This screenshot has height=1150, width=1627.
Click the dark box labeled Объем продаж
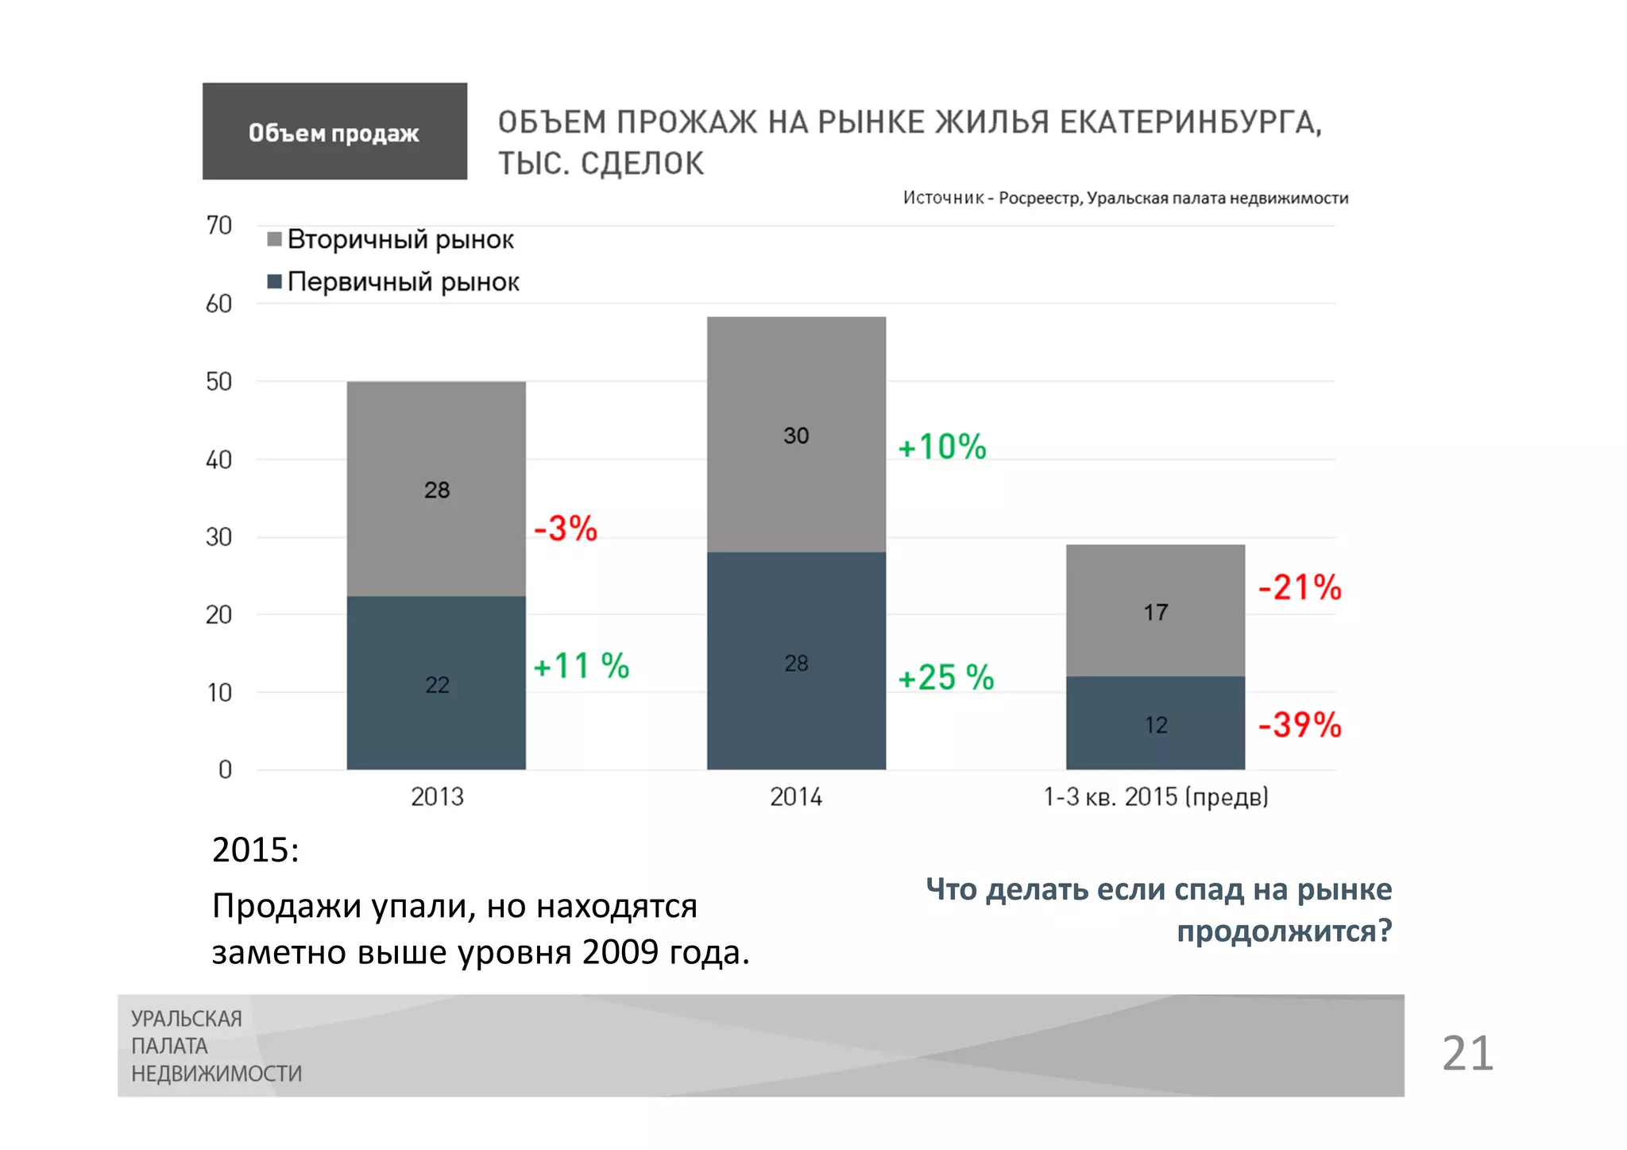pyautogui.click(x=334, y=131)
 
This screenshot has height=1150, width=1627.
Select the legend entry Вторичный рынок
pyautogui.click(x=391, y=239)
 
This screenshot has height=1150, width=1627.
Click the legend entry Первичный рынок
pyautogui.click(x=394, y=281)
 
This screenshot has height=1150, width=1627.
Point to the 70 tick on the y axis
pyautogui.click(x=218, y=226)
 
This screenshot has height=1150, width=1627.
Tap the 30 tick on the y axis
pyautogui.click(x=218, y=537)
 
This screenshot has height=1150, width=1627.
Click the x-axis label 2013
pyautogui.click(x=437, y=796)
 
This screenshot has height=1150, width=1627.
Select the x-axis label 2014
pyautogui.click(x=796, y=796)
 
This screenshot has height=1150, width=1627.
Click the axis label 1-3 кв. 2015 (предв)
pyautogui.click(x=1155, y=796)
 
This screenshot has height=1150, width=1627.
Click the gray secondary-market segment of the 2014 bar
pyautogui.click(x=796, y=434)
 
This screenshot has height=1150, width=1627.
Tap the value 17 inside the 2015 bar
pyautogui.click(x=1156, y=612)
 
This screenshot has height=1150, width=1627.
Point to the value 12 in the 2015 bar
pyautogui.click(x=1156, y=725)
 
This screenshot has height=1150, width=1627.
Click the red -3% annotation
pyautogui.click(x=566, y=529)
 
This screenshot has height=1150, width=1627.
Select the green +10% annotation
pyautogui.click(x=942, y=447)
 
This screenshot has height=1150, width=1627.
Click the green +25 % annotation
pyautogui.click(x=945, y=678)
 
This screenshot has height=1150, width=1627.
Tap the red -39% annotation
pyautogui.click(x=1300, y=725)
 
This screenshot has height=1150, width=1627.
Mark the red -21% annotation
pyautogui.click(x=1300, y=587)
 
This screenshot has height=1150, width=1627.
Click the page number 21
pyautogui.click(x=1467, y=1053)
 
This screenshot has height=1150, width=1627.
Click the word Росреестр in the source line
pyautogui.click(x=1040, y=198)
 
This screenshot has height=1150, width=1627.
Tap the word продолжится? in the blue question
pyautogui.click(x=1284, y=931)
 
